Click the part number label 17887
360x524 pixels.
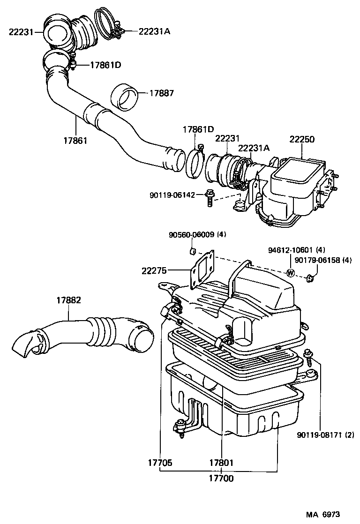pos(162,93)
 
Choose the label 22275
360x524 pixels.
pos(155,270)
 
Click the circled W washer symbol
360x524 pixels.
pos(290,273)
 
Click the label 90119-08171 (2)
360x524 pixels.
pos(325,434)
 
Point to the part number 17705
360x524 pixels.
pos(160,463)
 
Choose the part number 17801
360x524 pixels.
pos(221,463)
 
